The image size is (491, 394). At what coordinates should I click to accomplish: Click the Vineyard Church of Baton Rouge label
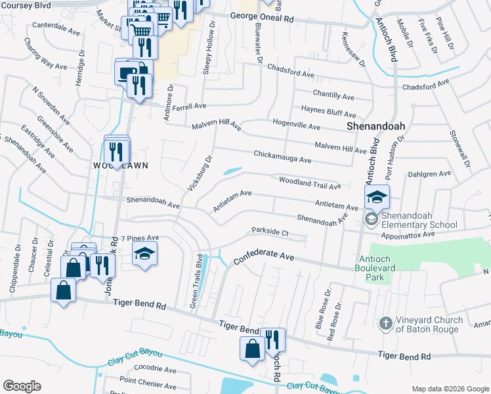pyautogui.click(x=429, y=324)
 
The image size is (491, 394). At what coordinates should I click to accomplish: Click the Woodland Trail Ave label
pyautogui.click(x=310, y=183)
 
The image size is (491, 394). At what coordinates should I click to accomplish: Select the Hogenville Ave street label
pyautogui.click(x=296, y=125)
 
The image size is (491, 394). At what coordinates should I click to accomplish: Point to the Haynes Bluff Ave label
pyautogui.click(x=328, y=110)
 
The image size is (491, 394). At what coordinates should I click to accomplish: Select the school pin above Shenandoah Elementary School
pyautogui.click(x=377, y=196)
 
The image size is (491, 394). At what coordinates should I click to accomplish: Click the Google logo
pyautogui.click(x=22, y=386)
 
